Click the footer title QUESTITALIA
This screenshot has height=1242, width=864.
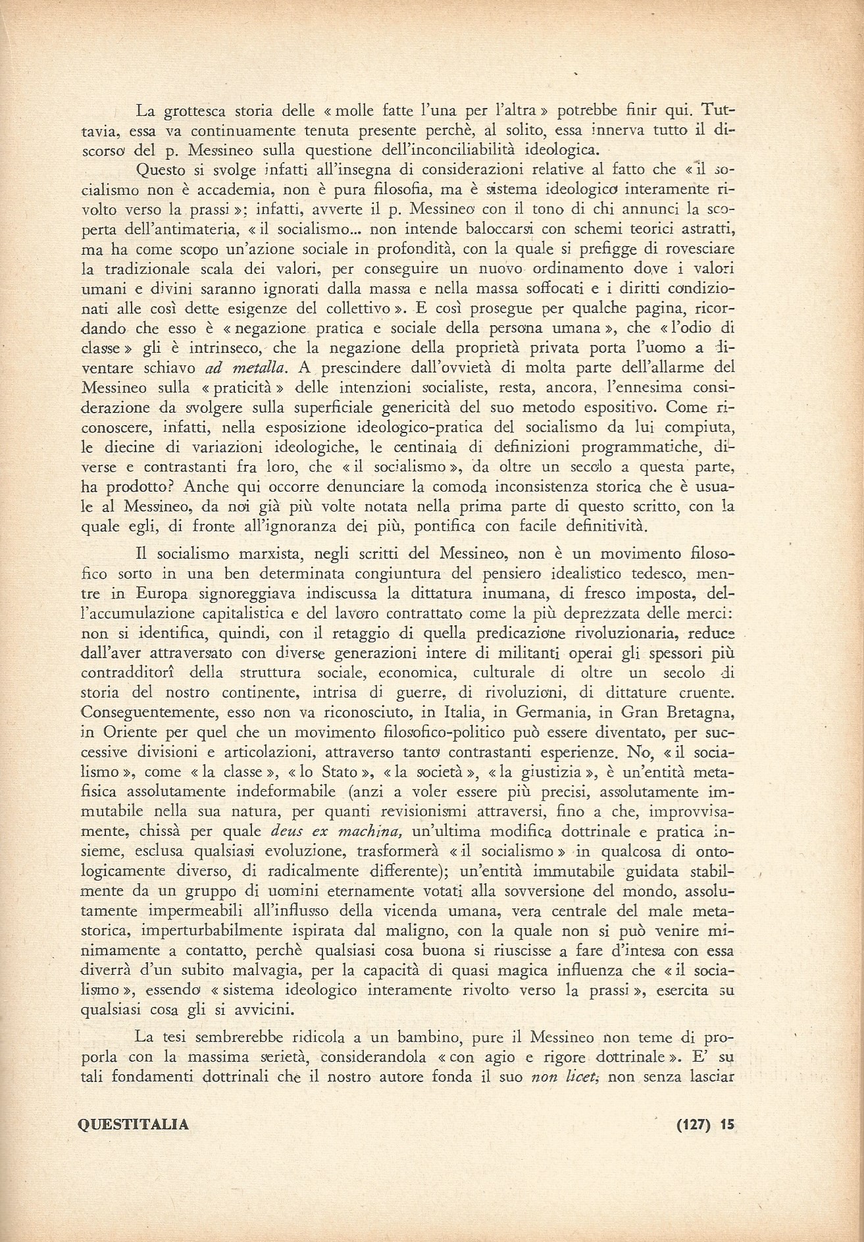pos(133,1125)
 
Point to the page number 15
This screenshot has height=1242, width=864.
pos(726,1125)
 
